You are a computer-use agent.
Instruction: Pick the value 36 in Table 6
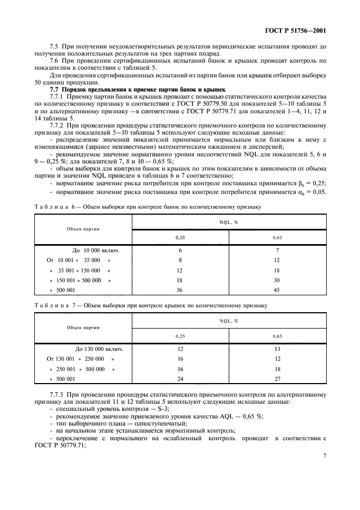click(180, 290)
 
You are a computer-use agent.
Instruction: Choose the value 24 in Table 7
click(180, 379)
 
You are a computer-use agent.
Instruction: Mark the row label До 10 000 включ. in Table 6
click(95, 250)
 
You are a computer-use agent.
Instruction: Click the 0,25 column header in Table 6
click(180, 238)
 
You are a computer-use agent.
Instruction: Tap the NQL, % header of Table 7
click(229, 321)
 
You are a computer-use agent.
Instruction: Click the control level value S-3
click(162, 408)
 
